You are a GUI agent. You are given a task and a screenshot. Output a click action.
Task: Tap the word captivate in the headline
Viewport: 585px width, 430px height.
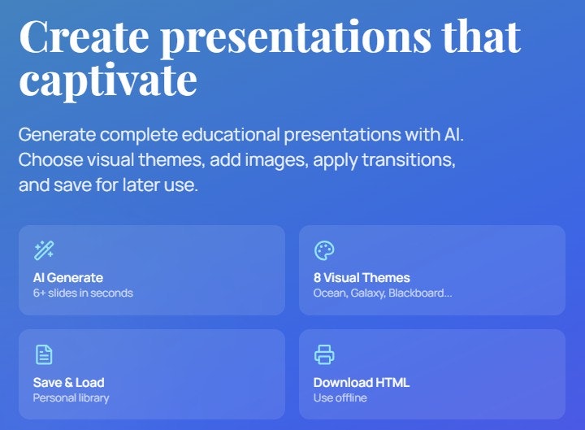(107, 80)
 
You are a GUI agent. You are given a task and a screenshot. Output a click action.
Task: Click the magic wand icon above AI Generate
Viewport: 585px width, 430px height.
(44, 250)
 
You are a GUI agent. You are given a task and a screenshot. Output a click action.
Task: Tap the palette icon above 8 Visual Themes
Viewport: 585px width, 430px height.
(324, 250)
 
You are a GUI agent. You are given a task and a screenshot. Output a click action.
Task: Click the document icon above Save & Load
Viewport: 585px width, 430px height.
(44, 354)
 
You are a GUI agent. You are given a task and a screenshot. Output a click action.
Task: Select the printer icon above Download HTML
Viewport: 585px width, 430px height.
(324, 354)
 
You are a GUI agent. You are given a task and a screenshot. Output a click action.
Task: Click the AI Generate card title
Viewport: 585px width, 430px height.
(68, 277)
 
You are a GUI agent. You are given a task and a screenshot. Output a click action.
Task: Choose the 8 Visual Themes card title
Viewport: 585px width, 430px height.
(362, 277)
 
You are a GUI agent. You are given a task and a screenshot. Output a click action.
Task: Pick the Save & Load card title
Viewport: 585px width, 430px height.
(69, 382)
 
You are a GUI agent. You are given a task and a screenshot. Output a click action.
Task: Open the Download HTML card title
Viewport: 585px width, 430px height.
(362, 382)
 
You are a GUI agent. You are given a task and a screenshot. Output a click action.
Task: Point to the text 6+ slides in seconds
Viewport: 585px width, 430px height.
(83, 293)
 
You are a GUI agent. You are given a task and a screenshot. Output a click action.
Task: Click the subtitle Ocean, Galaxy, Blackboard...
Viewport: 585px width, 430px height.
(383, 293)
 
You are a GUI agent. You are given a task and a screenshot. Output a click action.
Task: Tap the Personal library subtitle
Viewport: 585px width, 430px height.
(71, 397)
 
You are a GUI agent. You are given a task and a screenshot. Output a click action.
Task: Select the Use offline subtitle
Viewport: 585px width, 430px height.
(340, 397)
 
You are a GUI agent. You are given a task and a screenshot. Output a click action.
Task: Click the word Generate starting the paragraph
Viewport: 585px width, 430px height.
(55, 134)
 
